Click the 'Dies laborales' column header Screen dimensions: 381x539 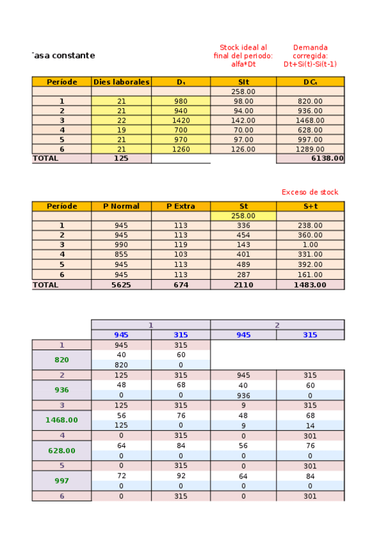pyautogui.click(x=121, y=82)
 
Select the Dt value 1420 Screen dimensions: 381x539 pyautogui.click(x=181, y=120)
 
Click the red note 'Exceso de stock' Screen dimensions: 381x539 pyautogui.click(x=310, y=192)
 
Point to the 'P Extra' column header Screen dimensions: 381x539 pyautogui.click(x=181, y=206)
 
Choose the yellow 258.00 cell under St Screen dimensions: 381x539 pyautogui.click(x=243, y=216)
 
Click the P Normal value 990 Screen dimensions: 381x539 pyautogui.click(x=121, y=245)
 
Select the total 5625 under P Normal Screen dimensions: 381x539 pyautogui.click(x=121, y=285)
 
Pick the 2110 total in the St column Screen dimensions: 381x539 pyautogui.click(x=243, y=285)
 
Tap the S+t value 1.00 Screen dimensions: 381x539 pyautogui.click(x=310, y=245)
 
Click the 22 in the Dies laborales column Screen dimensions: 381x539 pyautogui.click(x=121, y=120)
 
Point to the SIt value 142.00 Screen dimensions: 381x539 pyautogui.click(x=243, y=120)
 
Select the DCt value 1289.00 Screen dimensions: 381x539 pyautogui.click(x=310, y=149)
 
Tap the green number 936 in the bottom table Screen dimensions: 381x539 pyautogui.click(x=62, y=390)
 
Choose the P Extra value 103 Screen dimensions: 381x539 pyautogui.click(x=181, y=254)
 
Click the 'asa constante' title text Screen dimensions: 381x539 pyautogui.click(x=64, y=55)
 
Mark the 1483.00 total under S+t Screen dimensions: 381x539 pyautogui.click(x=310, y=285)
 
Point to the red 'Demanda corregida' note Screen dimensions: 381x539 pyautogui.click(x=310, y=55)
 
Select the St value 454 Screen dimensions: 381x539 pyautogui.click(x=243, y=235)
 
